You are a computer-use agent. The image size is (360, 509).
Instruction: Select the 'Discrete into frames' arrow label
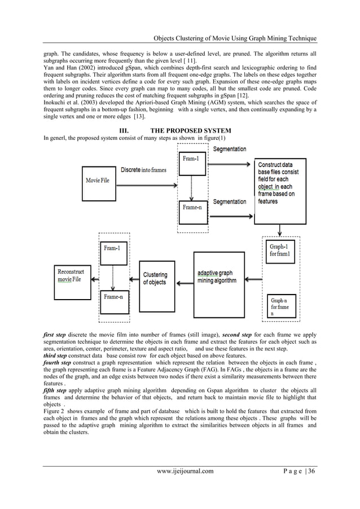coord(143,170)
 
